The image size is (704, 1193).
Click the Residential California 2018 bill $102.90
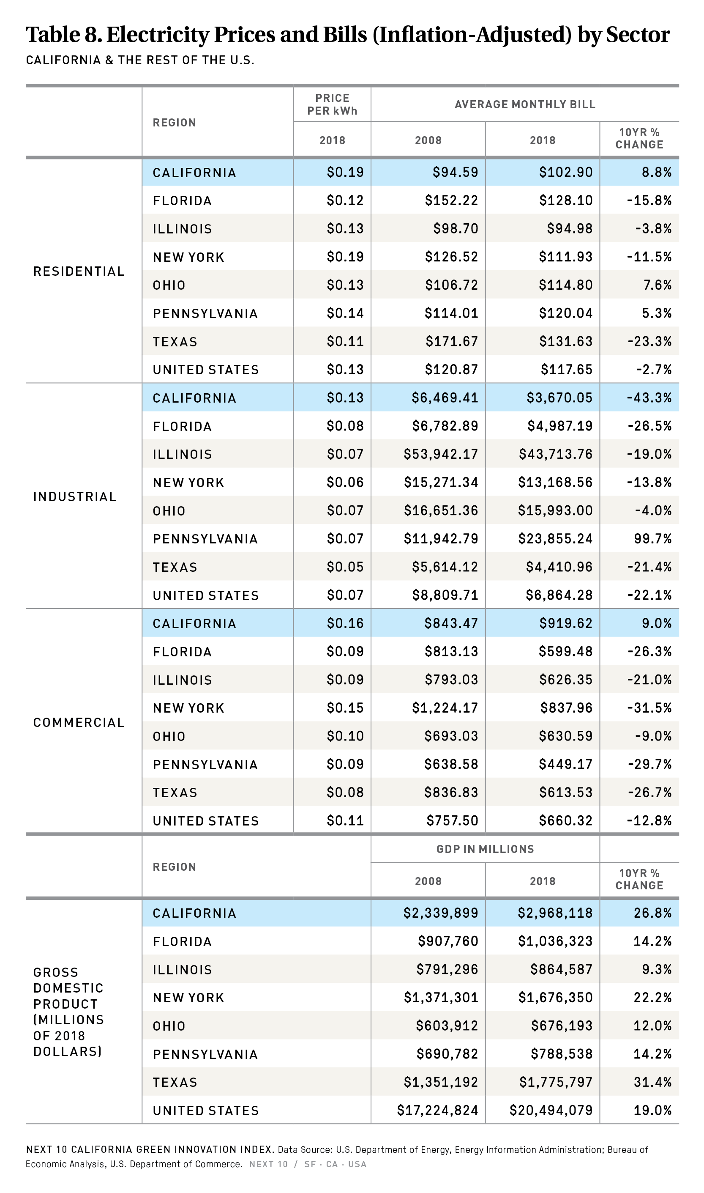pos(565,172)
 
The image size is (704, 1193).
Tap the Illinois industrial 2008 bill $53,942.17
pos(441,454)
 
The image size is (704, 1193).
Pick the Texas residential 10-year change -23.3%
pos(649,341)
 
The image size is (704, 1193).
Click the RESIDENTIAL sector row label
pos(79,271)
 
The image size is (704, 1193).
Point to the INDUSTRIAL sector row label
pos(75,496)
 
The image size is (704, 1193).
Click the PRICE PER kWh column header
pos(332,104)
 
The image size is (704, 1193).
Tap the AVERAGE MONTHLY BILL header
pos(525,104)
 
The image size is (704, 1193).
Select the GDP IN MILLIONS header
pos(485,849)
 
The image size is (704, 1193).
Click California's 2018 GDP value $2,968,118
pos(555,913)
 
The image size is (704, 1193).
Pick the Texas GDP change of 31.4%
pos(652,1082)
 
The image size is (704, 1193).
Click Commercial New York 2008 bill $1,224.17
pos(445,708)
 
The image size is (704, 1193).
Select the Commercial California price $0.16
pos(345,623)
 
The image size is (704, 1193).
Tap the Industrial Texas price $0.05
pos(345,567)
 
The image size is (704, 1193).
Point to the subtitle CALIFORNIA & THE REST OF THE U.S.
pos(140,60)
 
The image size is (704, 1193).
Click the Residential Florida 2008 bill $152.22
pos(451,200)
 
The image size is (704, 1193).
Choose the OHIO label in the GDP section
pos(169,1026)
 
